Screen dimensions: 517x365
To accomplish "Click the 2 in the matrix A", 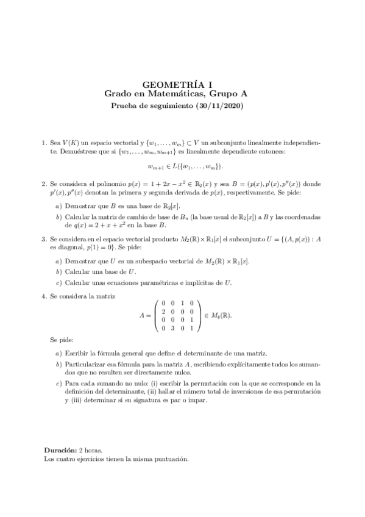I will [x=163, y=312].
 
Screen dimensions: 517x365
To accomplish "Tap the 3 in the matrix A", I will [x=173, y=329].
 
